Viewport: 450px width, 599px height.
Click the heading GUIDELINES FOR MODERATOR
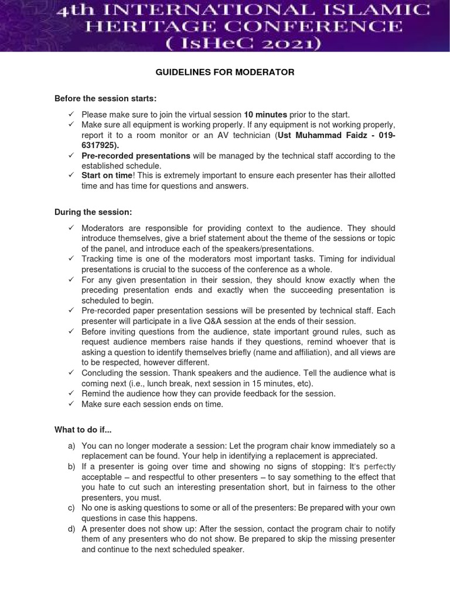coord(225,72)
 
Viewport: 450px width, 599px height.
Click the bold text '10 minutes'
coord(265,115)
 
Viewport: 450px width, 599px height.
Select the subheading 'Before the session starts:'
coord(105,98)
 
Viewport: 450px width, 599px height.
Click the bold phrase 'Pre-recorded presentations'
coord(136,156)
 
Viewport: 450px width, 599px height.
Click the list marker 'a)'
coord(72,446)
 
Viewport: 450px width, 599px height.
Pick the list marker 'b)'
coord(72,466)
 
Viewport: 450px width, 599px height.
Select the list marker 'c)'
coord(72,507)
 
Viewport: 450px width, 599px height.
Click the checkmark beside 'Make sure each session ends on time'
coord(71,404)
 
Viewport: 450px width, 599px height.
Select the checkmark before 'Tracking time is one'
coord(71,259)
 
